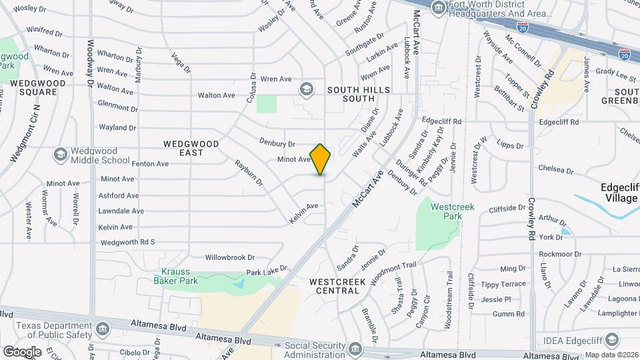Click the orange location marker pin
click(321, 159)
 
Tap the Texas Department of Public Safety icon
click(103, 329)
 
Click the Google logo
click(22, 351)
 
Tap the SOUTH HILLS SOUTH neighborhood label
click(350, 93)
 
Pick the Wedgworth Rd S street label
click(126, 242)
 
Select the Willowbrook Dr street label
click(230, 257)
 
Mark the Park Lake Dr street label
click(266, 271)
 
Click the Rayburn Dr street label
click(249, 171)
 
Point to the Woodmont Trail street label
click(393, 273)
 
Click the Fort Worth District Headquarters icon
click(439, 8)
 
